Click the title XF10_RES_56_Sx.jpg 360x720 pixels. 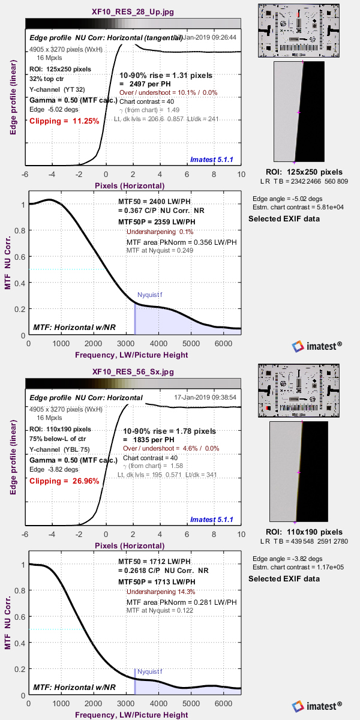click(133, 371)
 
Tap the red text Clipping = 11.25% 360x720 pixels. click(64, 121)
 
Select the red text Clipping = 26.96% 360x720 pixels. click(64, 481)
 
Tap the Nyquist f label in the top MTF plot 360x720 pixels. click(149, 295)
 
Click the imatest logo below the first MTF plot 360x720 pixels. click(317, 346)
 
